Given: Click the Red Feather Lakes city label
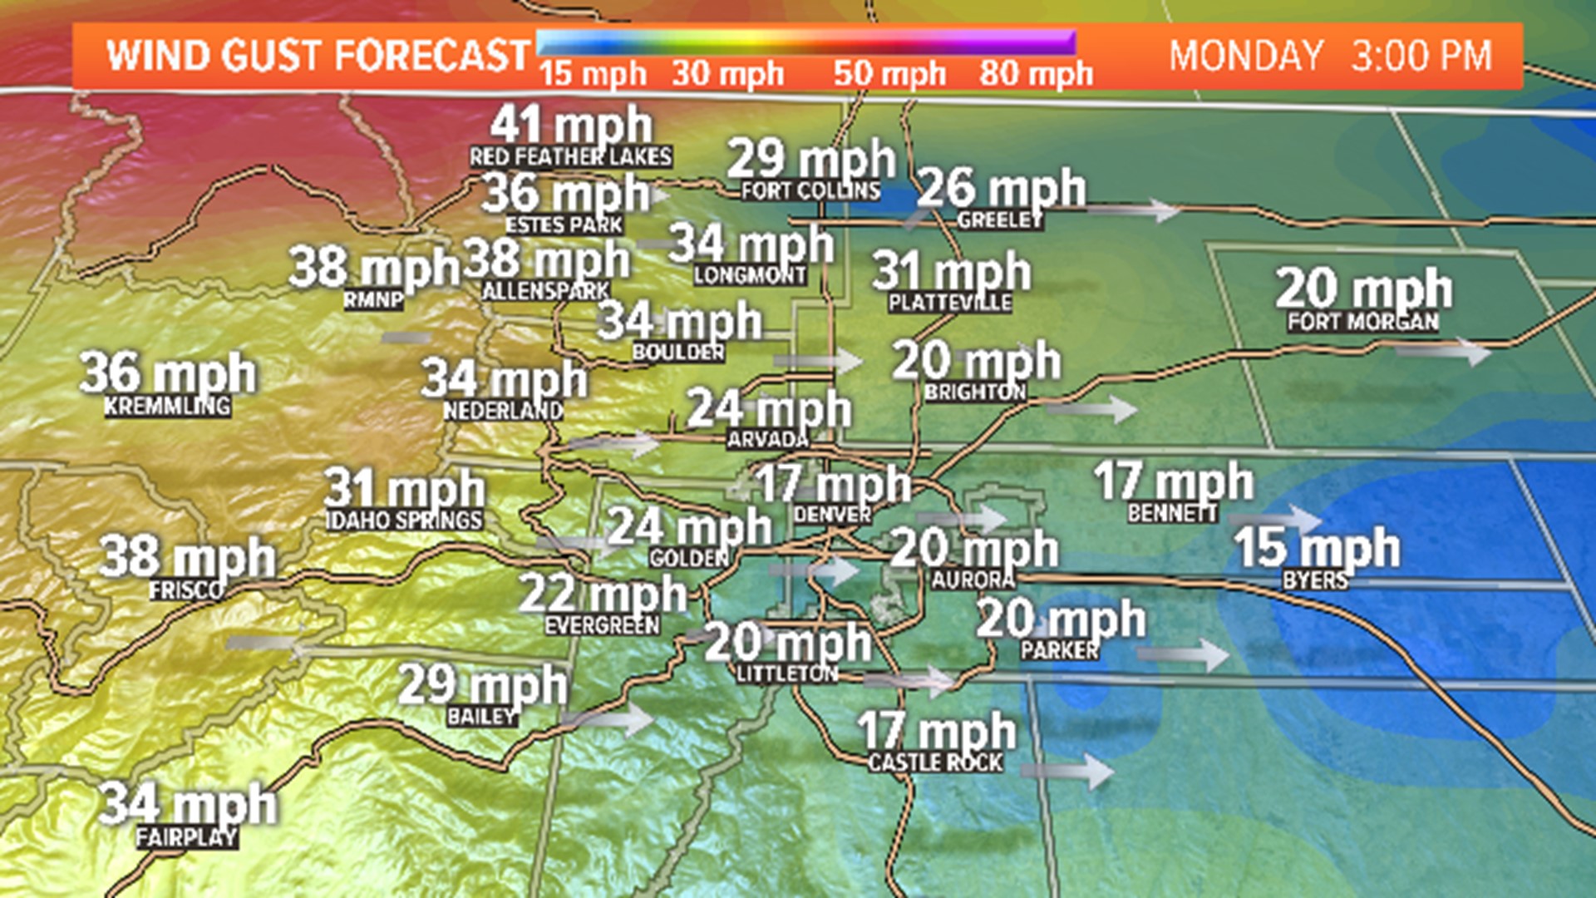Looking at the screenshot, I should point(570,156).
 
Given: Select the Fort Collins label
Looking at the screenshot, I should point(810,190).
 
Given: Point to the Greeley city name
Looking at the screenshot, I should point(1000,220).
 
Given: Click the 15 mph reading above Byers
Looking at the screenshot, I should point(1317,547).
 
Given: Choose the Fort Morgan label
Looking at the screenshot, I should point(1363,322).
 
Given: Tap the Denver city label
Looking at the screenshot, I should point(832,515).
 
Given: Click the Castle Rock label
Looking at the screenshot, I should point(936,762).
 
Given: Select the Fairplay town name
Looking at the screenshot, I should point(187,837).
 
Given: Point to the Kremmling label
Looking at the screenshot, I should point(167,407).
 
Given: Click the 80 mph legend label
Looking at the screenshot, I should point(1036,74).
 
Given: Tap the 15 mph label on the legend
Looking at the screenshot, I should point(592,74).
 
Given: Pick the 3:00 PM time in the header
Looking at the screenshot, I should point(1421,56).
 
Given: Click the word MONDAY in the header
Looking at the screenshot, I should point(1246,56).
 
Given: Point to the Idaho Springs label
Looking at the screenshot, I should point(405,521).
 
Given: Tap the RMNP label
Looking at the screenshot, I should point(374,299).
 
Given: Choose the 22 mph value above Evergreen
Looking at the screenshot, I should point(603,595).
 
